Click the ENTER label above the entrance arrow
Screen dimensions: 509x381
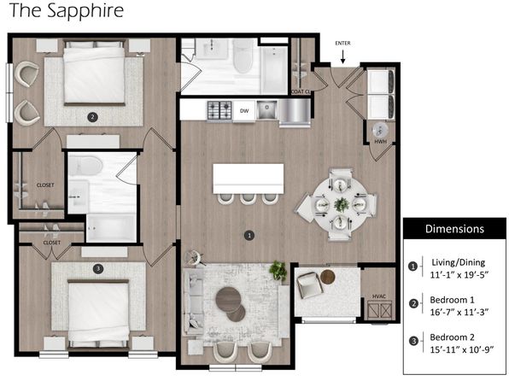[x=342, y=44]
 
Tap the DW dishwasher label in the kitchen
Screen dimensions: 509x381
[x=244, y=111]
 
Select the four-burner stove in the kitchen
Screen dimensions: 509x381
[x=219, y=110]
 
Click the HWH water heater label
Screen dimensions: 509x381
[x=380, y=142]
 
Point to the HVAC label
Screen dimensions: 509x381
[x=379, y=296]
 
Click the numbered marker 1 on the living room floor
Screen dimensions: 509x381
[x=249, y=235]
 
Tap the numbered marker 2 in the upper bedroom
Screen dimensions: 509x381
[x=92, y=117]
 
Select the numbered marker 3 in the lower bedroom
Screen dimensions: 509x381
[x=98, y=268]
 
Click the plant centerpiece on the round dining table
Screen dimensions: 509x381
[x=342, y=205]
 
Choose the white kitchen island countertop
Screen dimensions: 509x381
[x=249, y=179]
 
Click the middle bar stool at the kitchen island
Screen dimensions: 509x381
[x=249, y=199]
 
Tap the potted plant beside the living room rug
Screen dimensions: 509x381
[x=278, y=270]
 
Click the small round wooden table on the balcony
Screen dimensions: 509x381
[x=328, y=277]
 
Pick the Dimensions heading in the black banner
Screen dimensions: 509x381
[x=454, y=229]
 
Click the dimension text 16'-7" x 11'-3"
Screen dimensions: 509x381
[x=459, y=312]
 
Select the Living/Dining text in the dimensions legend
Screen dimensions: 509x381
[x=459, y=262]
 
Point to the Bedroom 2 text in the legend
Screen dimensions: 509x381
[x=452, y=337]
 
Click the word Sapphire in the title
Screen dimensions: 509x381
[x=85, y=11]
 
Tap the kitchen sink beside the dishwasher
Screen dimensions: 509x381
[x=266, y=109]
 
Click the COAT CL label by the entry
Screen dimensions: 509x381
[x=301, y=92]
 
